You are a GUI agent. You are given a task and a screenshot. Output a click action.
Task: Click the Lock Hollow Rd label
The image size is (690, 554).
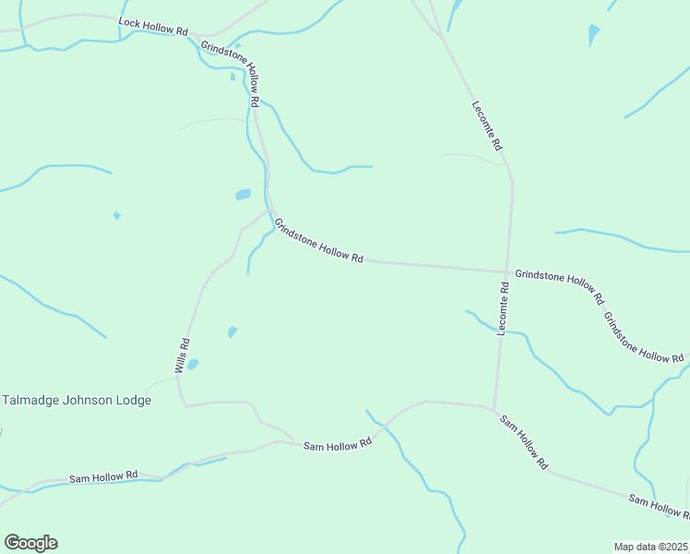pos(153,27)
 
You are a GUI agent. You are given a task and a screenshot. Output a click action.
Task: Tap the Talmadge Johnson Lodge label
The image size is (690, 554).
pos(77,401)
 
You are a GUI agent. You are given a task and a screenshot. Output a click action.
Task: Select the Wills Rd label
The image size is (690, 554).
pos(184,355)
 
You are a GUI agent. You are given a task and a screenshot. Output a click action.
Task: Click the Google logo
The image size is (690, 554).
pos(30,543)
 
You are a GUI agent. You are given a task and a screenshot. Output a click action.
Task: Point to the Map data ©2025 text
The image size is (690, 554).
pos(651,547)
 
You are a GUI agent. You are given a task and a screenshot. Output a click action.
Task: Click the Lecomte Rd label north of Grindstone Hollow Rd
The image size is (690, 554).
pos(487,126)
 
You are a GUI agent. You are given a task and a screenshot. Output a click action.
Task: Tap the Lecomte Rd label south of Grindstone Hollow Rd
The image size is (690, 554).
pos(503,308)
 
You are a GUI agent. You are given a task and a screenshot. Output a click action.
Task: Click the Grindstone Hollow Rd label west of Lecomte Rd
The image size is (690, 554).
pos(318,241)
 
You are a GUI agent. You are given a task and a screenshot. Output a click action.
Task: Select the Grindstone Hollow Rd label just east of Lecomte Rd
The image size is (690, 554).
pos(559,287)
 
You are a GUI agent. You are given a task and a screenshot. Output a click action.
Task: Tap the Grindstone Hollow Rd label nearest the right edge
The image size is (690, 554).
pos(643,337)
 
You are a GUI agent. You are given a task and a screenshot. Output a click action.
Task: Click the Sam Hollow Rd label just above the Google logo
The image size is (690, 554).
pos(103,476)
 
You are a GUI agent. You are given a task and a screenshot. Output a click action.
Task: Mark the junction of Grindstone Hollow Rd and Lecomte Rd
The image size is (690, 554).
pos(507,271)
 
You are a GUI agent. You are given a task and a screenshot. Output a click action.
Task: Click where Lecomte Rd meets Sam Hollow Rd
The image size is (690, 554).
pos(494,407)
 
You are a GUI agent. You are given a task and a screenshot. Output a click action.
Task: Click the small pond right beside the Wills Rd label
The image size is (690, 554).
pos(193,365)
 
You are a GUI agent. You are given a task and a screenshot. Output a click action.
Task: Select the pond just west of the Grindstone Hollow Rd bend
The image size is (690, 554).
pos(243,195)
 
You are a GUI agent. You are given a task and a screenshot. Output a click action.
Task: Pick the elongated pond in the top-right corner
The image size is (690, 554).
pos(593,35)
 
